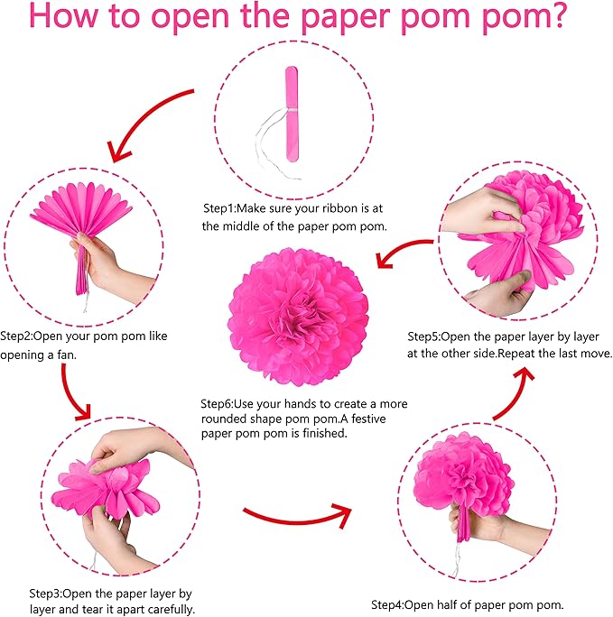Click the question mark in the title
(x=554, y=14)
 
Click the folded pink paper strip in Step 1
(x=292, y=114)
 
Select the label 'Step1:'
(x=218, y=208)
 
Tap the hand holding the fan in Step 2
(x=111, y=268)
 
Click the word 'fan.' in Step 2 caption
(x=66, y=355)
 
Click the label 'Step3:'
(x=46, y=594)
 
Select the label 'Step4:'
(x=388, y=604)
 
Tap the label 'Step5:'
(x=423, y=336)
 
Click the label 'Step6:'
(x=218, y=404)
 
